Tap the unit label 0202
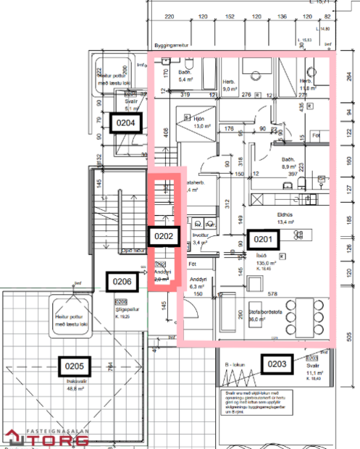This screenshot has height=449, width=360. [163, 235]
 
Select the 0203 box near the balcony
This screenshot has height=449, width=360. [279, 364]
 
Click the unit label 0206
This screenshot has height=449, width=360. [122, 280]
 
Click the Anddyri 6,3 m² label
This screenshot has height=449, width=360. [198, 282]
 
